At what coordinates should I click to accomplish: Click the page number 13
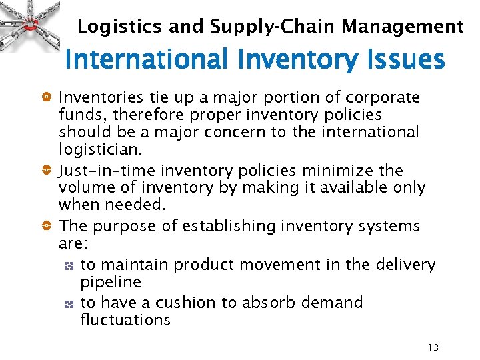coord(433,347)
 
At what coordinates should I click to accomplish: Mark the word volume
coord(84,187)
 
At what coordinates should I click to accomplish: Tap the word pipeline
coord(111,281)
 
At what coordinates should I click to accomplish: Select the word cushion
coord(186,303)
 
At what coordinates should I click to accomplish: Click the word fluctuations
coord(125,319)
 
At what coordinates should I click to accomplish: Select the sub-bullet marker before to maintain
coord(69,265)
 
